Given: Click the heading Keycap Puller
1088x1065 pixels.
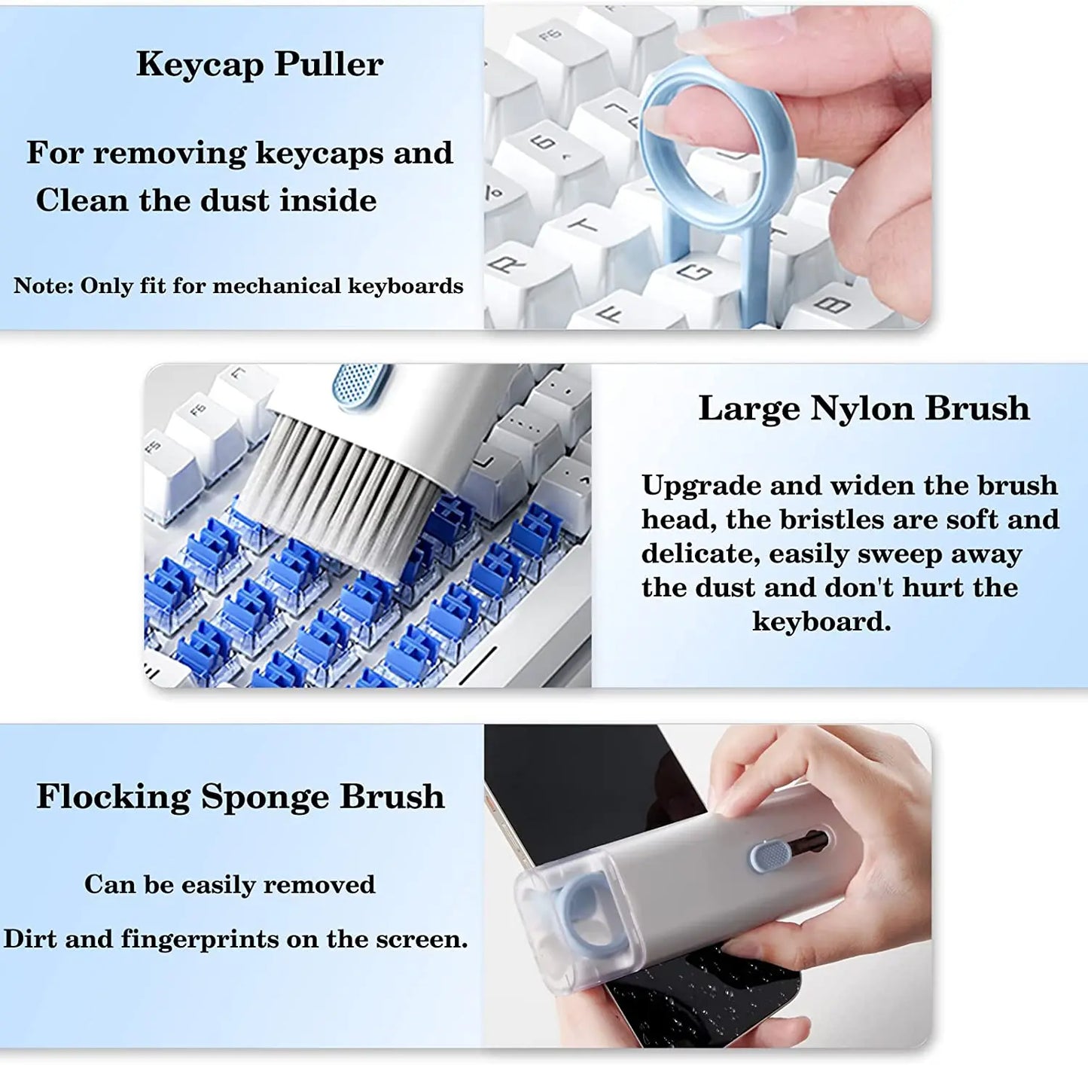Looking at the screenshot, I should coord(260,64).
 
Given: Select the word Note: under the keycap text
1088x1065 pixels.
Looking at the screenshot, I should coord(43,286).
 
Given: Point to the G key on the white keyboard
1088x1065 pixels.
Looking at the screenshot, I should coord(693,272).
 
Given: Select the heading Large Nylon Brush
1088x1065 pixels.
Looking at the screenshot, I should coord(864,409).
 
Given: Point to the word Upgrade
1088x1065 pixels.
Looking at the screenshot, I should coord(701,486).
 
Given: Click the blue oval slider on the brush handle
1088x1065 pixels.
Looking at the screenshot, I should coord(360,386).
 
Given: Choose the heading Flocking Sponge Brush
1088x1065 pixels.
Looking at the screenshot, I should coord(240,797).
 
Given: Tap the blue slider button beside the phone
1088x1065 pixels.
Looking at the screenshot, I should coord(766,856).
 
